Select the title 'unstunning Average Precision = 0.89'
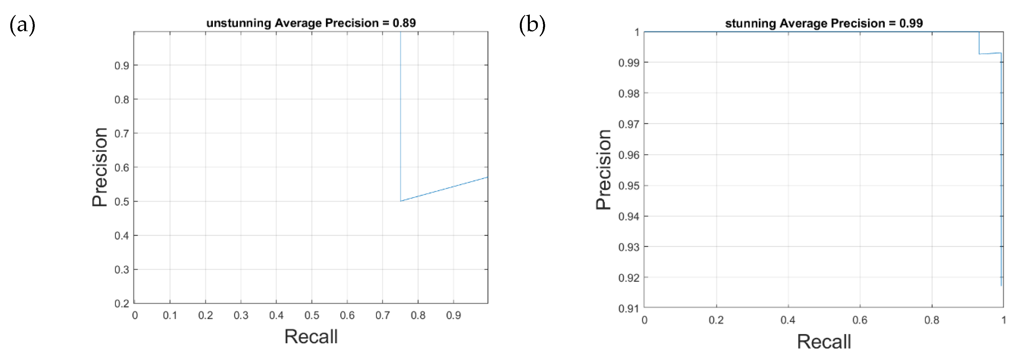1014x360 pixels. click(x=311, y=23)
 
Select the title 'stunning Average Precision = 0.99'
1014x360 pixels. click(x=824, y=23)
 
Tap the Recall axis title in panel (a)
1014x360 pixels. click(x=311, y=337)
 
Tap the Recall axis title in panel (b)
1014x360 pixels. click(x=824, y=341)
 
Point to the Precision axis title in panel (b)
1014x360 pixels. click(x=603, y=170)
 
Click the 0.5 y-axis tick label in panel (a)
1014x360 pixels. click(x=122, y=202)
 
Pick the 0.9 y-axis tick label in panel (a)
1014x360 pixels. click(x=122, y=66)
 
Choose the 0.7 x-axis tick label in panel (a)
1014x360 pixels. click(x=382, y=316)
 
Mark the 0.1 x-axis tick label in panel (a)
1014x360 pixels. click(x=170, y=316)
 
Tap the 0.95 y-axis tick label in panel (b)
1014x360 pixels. click(x=629, y=186)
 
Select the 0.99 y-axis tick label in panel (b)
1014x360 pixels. click(x=629, y=63)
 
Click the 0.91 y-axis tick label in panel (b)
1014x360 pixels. click(x=629, y=309)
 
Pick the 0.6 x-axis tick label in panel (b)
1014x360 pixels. click(x=860, y=320)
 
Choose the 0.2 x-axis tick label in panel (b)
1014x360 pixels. click(x=716, y=320)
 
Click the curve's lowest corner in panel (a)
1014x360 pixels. click(x=401, y=201)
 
